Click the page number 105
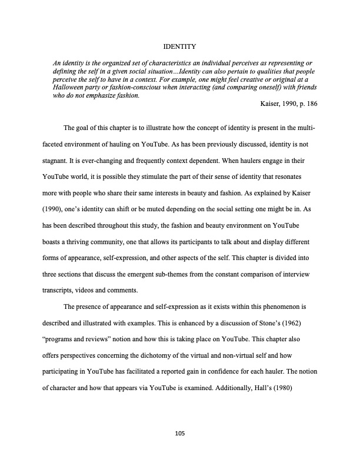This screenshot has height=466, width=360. point(180,434)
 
